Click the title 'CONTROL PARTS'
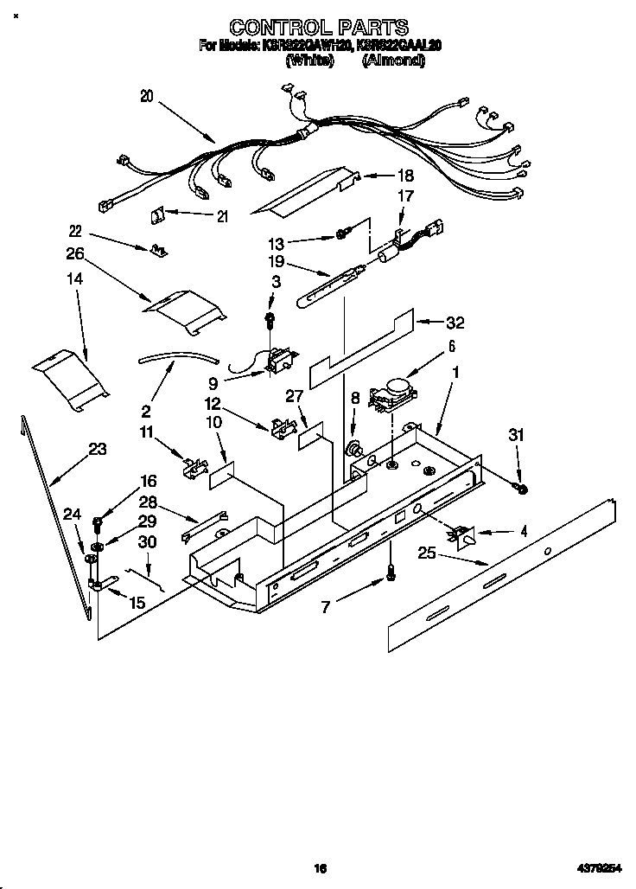[x=318, y=29]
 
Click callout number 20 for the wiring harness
[x=146, y=97]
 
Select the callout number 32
[x=455, y=323]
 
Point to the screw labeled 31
[x=522, y=489]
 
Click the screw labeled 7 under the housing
[x=390, y=571]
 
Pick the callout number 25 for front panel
[x=427, y=553]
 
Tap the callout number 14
[x=76, y=279]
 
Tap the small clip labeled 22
[x=158, y=251]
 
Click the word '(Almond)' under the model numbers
[x=393, y=61]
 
